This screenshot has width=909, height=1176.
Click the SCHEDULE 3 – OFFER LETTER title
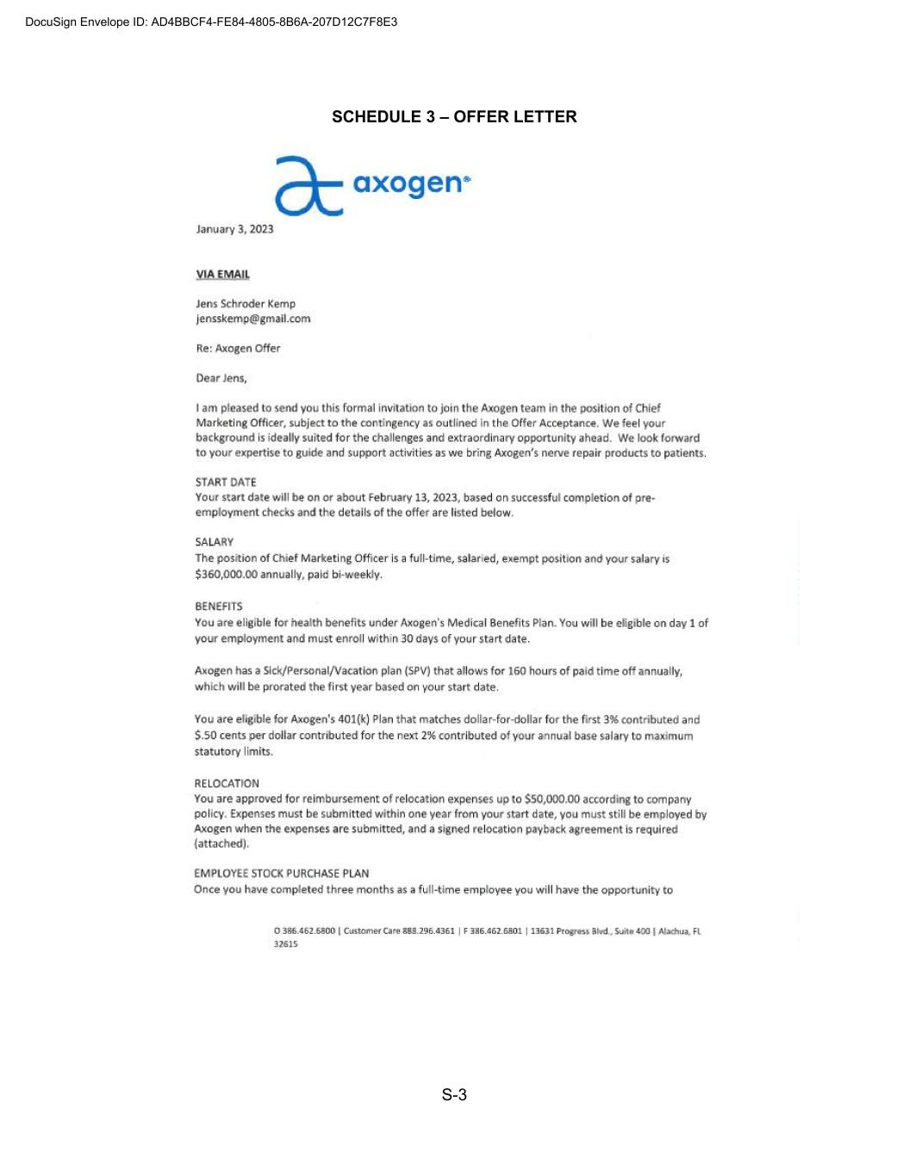454,117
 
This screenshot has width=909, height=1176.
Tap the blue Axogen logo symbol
308,185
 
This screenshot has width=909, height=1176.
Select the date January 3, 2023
234,229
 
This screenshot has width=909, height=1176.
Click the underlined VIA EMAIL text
222,275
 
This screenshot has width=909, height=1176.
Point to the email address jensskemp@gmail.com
252,319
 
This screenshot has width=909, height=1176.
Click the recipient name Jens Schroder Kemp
246,304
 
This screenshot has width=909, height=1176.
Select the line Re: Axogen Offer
238,349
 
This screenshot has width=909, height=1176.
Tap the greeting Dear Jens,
221,378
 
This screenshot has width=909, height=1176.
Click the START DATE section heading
226,482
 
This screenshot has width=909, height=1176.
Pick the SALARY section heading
214,543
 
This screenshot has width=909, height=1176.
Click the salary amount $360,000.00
226,575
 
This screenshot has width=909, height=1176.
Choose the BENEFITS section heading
218,607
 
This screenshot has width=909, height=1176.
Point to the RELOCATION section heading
227,784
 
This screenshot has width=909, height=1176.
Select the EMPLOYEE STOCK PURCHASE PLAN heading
281,874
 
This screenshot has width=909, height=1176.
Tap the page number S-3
454,1095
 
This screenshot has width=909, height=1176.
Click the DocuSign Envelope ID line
211,22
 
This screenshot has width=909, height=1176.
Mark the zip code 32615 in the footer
285,944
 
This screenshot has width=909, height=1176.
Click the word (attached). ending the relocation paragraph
221,844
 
